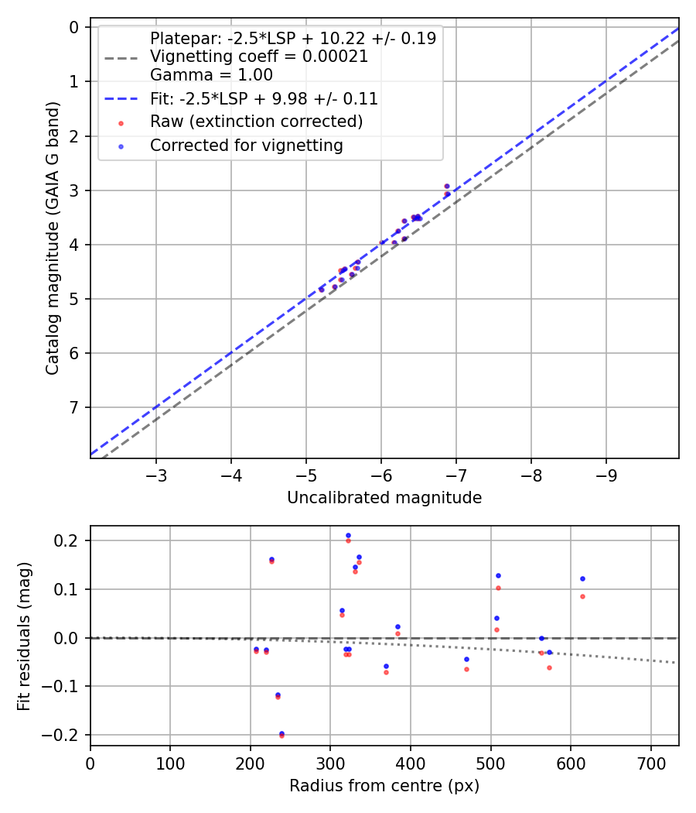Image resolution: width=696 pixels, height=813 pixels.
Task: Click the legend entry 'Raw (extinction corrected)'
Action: click(x=256, y=122)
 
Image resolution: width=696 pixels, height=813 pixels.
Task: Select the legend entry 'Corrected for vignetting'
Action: click(x=247, y=146)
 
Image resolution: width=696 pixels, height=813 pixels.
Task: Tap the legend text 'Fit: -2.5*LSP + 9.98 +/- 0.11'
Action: click(x=264, y=99)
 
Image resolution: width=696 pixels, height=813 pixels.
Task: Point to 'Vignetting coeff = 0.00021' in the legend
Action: click(x=259, y=57)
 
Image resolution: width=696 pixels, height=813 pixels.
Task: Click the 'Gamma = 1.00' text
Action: click(x=211, y=75)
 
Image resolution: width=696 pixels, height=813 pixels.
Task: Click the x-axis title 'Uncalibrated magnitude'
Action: click(x=384, y=498)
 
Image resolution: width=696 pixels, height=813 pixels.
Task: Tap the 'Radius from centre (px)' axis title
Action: click(x=384, y=786)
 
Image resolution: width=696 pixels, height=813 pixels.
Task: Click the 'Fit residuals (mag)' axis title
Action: click(x=25, y=636)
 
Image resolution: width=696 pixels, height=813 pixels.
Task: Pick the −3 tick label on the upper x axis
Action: click(x=156, y=472)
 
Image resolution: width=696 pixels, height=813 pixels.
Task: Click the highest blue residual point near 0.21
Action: click(x=348, y=535)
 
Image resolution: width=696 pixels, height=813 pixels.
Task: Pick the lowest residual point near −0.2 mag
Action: click(x=281, y=734)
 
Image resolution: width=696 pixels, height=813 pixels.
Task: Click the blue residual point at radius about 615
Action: click(x=582, y=578)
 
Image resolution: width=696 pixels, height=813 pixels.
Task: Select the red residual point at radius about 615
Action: click(x=582, y=596)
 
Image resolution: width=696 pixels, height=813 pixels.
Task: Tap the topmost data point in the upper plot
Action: click(x=447, y=187)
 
